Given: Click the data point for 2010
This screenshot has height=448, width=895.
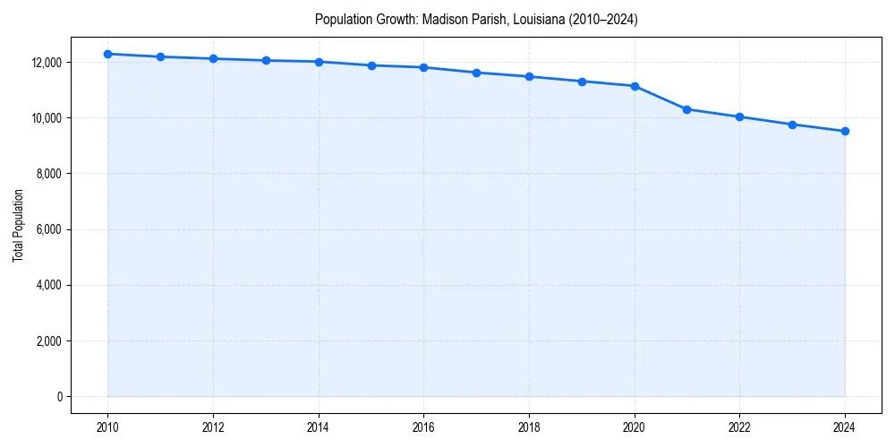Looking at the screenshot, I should pyautogui.click(x=107, y=54).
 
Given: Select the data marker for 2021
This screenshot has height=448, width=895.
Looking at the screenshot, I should pyautogui.click(x=686, y=109).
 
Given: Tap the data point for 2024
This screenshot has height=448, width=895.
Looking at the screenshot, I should pyautogui.click(x=845, y=132).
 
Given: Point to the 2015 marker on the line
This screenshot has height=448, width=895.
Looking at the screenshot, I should pyautogui.click(x=371, y=65).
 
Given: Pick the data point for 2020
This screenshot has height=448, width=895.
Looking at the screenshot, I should pyautogui.click(x=635, y=86).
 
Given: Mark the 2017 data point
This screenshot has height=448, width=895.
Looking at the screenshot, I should pyautogui.click(x=476, y=73).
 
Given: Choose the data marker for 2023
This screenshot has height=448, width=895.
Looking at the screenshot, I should pyautogui.click(x=792, y=125).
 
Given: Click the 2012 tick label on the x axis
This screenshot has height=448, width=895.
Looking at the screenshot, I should pyautogui.click(x=213, y=427).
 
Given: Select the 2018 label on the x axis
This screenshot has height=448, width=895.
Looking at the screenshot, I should pyautogui.click(x=529, y=427).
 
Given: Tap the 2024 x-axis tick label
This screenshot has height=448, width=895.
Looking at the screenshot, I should pyautogui.click(x=845, y=427).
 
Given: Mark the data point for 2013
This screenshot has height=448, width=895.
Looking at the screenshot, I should pyautogui.click(x=266, y=60).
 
